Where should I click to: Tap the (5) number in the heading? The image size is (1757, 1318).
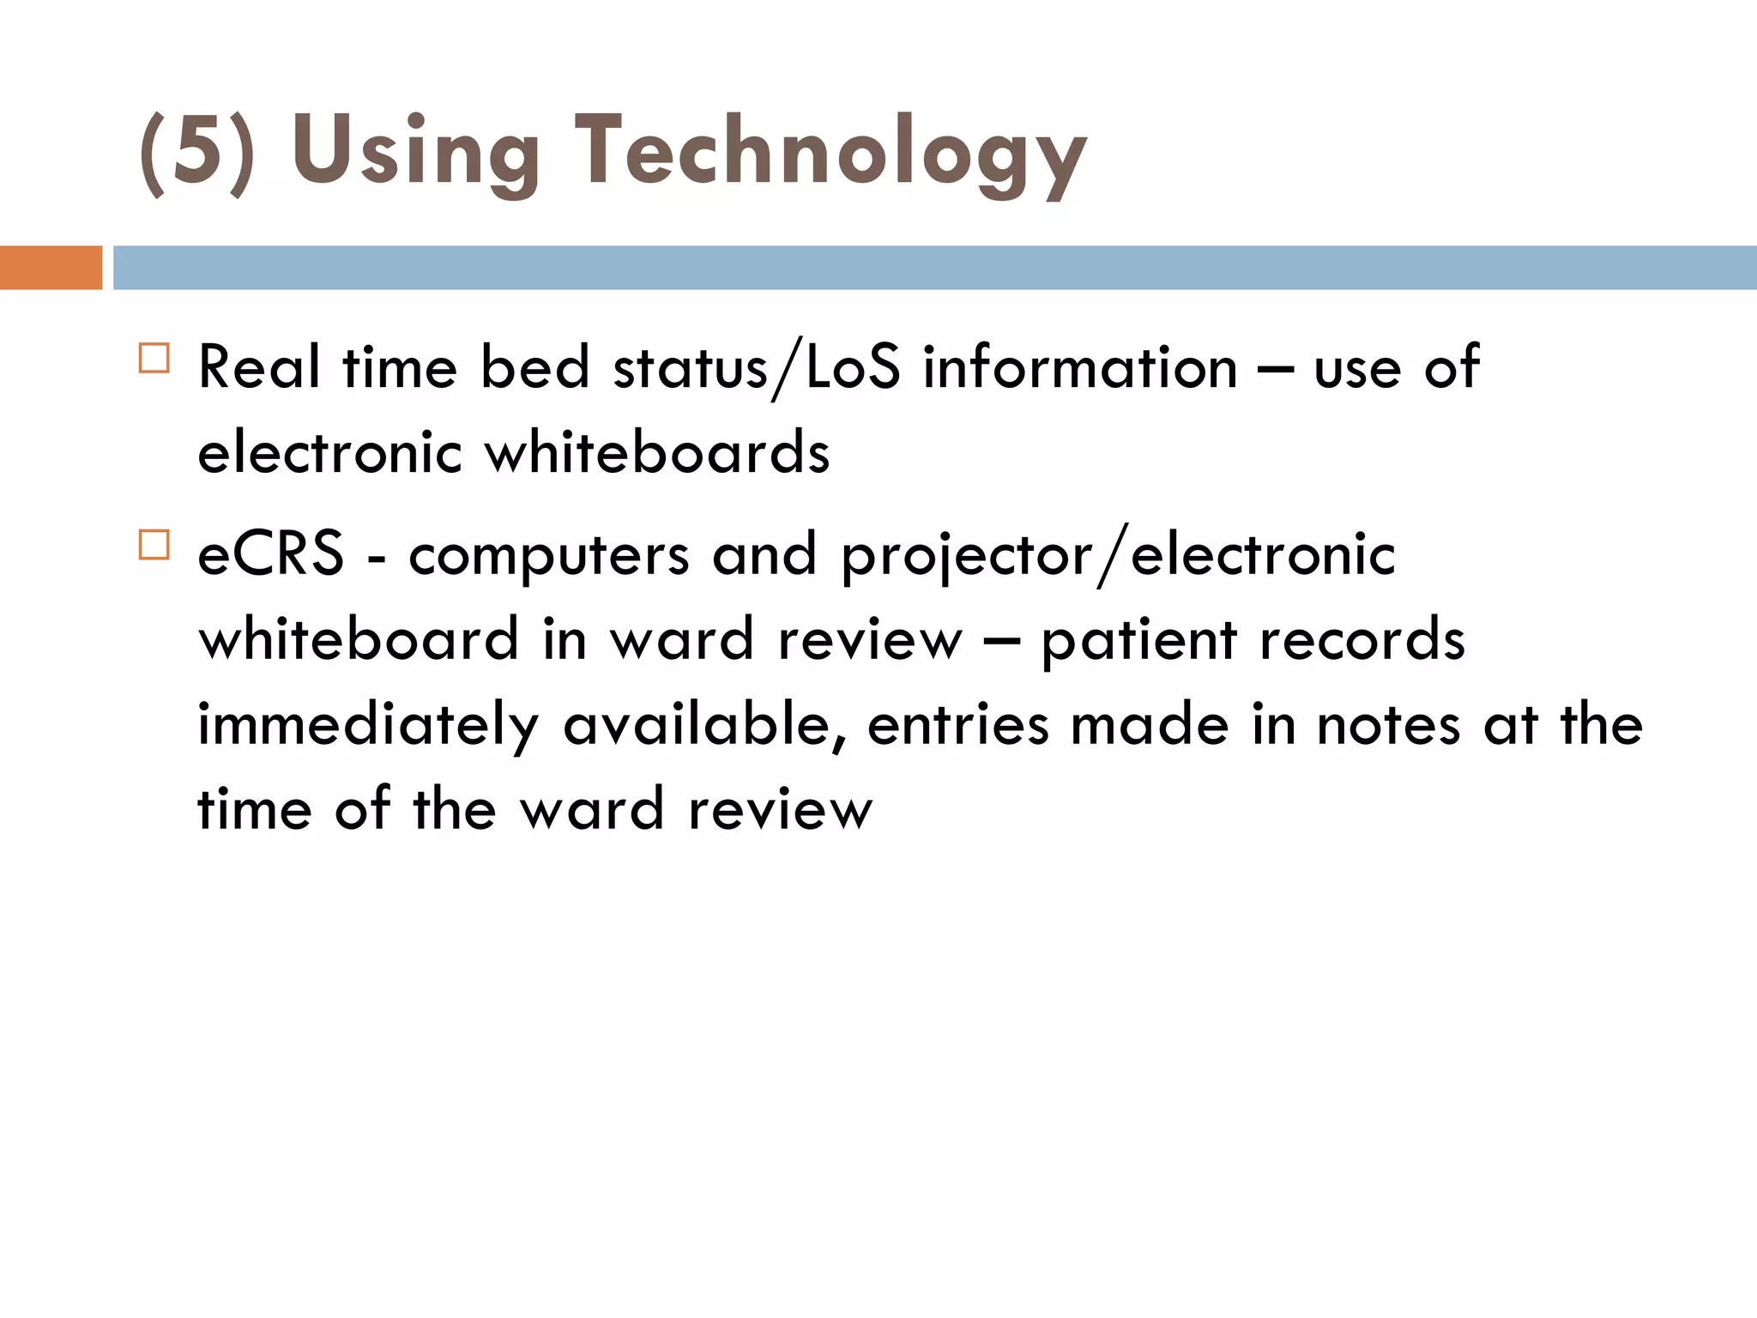point(197,153)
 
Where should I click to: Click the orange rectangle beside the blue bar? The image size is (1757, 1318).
point(51,268)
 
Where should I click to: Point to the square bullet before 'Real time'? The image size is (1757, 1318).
point(154,358)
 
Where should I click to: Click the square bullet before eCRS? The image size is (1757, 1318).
point(154,545)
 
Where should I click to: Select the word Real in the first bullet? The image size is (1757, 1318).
point(259,367)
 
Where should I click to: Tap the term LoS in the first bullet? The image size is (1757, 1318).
point(853,367)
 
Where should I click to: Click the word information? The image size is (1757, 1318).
point(1080,367)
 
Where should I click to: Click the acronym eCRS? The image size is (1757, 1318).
point(271,553)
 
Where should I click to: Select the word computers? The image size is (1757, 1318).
point(549,555)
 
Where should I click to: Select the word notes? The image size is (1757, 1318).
point(1388,725)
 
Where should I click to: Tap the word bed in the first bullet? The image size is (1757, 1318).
point(534,367)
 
